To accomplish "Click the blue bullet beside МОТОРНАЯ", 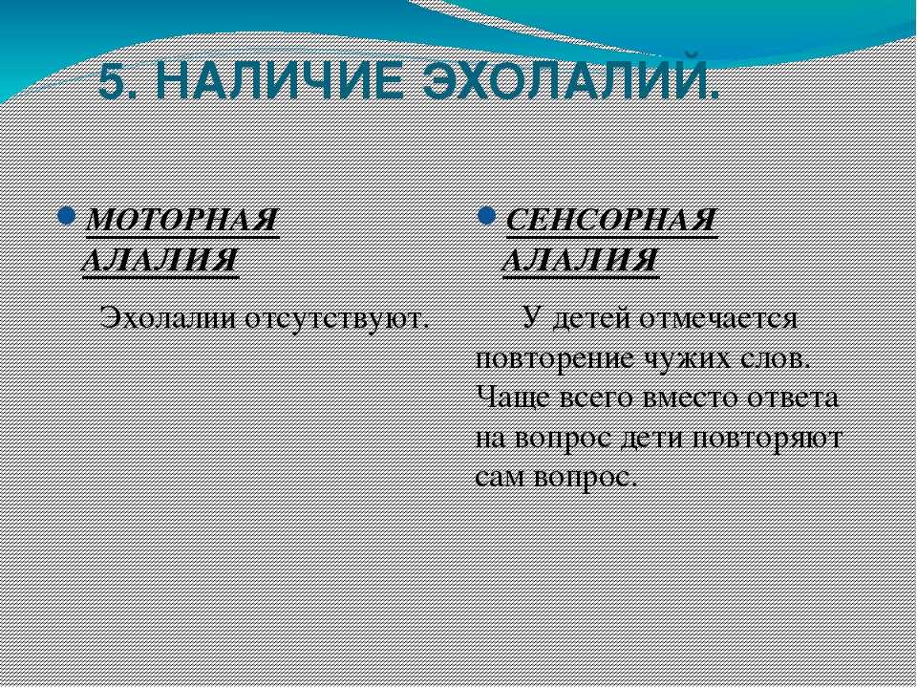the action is [66, 215].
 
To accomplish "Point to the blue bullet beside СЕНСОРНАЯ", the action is [486, 215].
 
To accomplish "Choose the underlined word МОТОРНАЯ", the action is [181, 221].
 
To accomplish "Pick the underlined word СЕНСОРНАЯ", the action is [611, 221].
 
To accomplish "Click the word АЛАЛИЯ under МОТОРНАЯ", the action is [160, 259].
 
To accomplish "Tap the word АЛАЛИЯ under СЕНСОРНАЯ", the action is [581, 259].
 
